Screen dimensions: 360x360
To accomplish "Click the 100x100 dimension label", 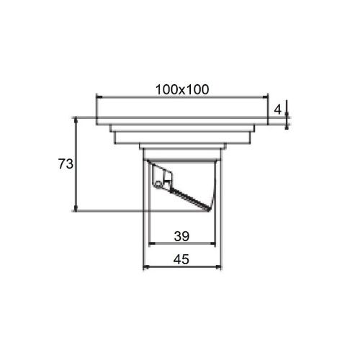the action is click(182, 90).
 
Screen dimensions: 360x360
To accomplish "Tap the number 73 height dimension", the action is click(66, 164).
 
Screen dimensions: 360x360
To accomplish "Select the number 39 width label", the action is click(181, 236).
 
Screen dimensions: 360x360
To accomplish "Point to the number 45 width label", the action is click(181, 259).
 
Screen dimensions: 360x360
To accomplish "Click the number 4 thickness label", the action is click(277, 110).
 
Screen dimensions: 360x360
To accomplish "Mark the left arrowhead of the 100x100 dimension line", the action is click(99, 97).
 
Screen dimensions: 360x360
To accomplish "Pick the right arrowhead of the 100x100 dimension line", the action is click(265, 97).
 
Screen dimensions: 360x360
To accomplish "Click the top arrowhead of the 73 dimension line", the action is click(76, 120).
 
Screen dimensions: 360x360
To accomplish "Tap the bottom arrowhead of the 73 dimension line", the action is click(76, 208).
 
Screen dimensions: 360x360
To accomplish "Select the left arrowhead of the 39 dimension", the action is click(152, 244).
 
